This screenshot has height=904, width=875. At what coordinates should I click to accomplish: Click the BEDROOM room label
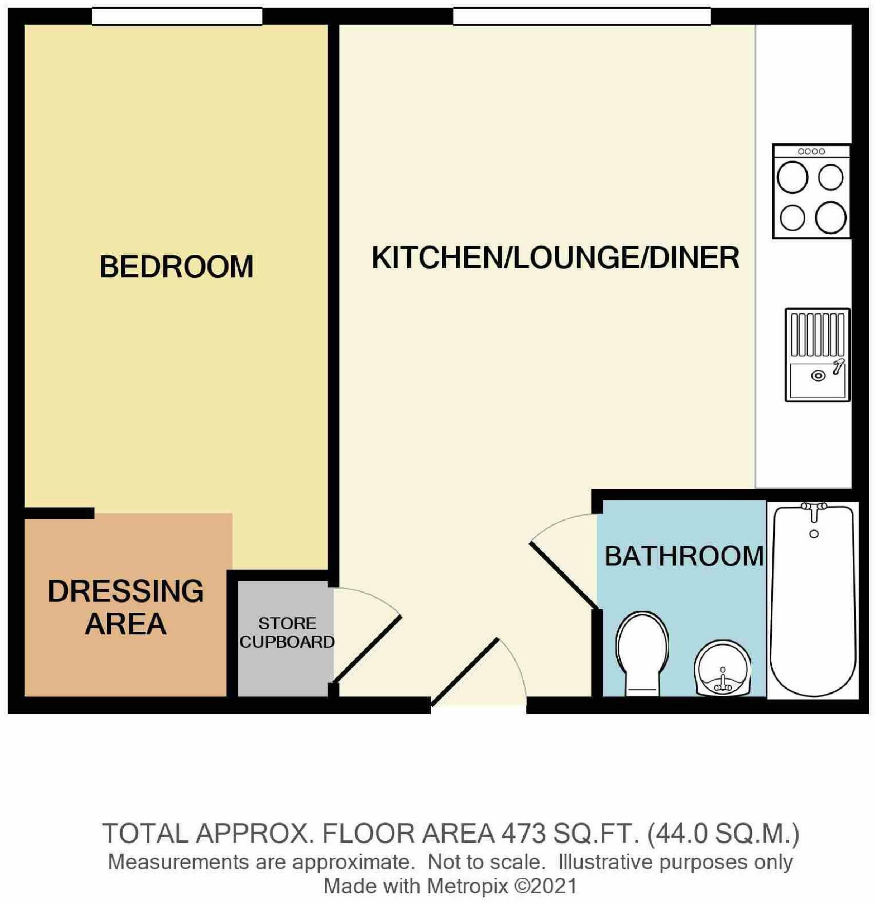[177, 267]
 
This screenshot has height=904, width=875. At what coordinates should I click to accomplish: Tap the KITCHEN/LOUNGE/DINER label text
[555, 258]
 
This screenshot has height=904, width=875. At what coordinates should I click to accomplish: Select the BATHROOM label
[684, 556]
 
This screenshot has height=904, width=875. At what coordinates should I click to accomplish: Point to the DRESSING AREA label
[126, 607]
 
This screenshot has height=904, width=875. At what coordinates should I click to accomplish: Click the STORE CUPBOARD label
[287, 633]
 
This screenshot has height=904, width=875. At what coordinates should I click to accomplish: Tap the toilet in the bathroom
[642, 653]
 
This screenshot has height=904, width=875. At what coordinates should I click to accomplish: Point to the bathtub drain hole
[814, 534]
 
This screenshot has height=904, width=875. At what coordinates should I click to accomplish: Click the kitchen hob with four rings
[811, 191]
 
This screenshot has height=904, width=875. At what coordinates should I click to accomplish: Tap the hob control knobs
[811, 151]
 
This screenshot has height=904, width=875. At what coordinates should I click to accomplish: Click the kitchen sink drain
[818, 376]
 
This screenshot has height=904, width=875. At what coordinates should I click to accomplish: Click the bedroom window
[177, 16]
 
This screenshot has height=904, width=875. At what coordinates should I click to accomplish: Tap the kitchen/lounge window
[582, 16]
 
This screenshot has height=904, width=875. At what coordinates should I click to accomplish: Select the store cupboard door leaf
[367, 649]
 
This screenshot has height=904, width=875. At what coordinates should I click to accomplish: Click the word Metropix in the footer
[467, 886]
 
